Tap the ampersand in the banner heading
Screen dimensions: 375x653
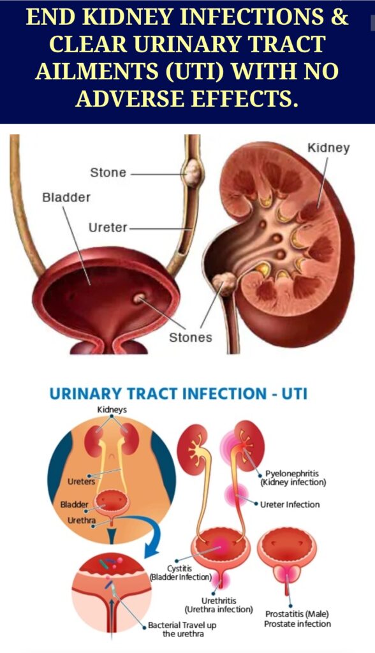[339, 17]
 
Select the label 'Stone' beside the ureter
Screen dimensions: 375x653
[108, 172]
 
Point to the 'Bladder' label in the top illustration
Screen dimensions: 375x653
[66, 197]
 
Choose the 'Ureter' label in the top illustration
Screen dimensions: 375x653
[108, 228]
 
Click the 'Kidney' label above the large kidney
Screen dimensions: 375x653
[328, 148]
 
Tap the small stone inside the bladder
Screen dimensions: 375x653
[139, 298]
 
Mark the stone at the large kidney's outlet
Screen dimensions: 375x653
[224, 284]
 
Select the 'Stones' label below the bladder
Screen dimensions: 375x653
[191, 337]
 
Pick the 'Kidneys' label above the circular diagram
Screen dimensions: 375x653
[112, 410]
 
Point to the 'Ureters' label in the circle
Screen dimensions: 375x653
[81, 481]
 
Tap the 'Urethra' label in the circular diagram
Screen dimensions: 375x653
[81, 520]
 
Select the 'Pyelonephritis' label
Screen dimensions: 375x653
[292, 474]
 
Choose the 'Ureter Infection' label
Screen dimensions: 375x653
[290, 504]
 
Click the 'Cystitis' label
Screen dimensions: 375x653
[180, 568]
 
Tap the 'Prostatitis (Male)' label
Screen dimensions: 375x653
[297, 614]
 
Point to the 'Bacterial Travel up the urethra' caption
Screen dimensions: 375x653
[182, 629]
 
